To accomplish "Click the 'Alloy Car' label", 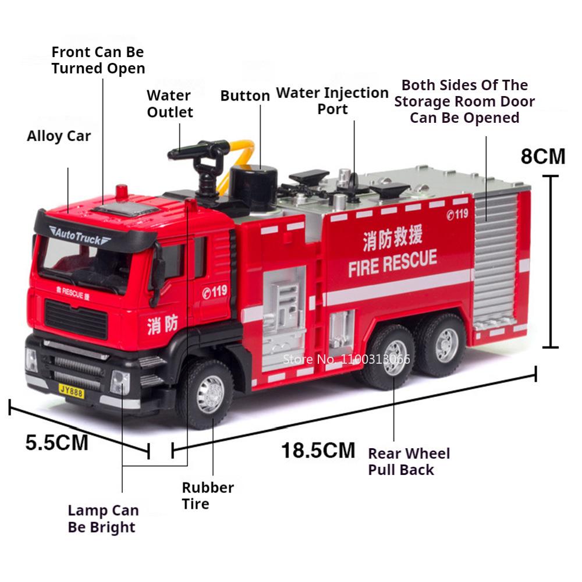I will pos(59,137).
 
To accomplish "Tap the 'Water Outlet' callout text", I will pos(169,103).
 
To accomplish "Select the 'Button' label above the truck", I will pos(244,96).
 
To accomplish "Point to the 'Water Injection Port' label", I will pos(332,101).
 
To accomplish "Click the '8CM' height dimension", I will pos(542,156).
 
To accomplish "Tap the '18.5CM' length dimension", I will pos(318,450).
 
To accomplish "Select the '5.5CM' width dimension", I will pos(56,442).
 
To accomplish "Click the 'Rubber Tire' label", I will pos(207,495).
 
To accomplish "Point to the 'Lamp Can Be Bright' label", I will pos(103,519).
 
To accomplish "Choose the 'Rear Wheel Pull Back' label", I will pos(409,461).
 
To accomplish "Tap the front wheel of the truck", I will pos(210,394).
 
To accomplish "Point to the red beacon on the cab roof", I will pos(121,191).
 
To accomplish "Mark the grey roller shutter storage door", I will pos(496,262).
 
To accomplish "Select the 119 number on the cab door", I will pos(215,291).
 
